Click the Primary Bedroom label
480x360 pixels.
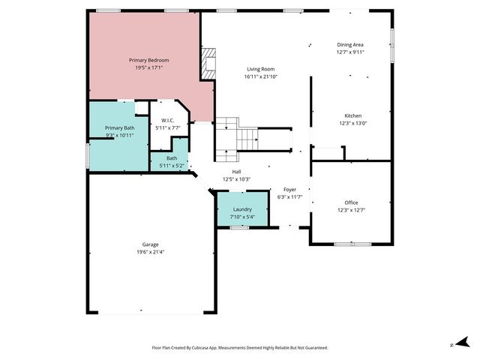[x=148, y=60]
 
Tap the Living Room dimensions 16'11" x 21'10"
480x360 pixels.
[x=261, y=76]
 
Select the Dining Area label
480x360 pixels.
[x=349, y=45]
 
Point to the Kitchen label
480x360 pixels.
[x=350, y=115]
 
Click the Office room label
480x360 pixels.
[x=351, y=202]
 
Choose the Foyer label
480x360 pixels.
[x=289, y=190]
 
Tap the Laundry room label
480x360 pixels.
[x=242, y=209]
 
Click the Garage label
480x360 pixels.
[x=151, y=244]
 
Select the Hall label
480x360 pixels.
[x=215, y=172]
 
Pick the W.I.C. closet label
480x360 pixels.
[x=167, y=121]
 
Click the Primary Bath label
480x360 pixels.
[x=119, y=127]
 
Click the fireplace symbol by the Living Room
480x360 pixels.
[x=208, y=64]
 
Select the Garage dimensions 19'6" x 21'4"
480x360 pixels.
[x=151, y=252]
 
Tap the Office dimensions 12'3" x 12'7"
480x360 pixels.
[x=351, y=210]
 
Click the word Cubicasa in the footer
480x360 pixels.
[x=203, y=348]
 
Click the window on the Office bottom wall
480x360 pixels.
[x=350, y=244]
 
